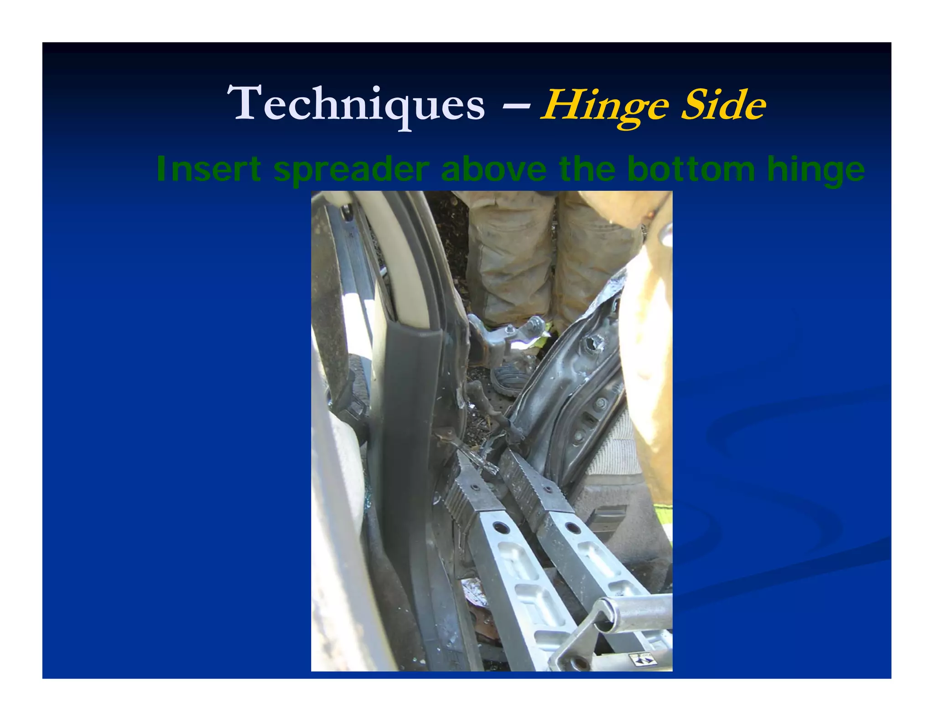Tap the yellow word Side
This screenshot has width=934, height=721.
pyautogui.click(x=723, y=105)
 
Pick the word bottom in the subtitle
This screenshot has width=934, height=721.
pyautogui.click(x=691, y=169)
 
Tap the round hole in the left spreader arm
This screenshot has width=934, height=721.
pyautogui.click(x=500, y=528)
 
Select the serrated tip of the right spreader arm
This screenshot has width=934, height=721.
pyautogui.click(x=524, y=474)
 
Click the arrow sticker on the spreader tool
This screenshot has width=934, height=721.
pyautogui.click(x=641, y=659)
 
